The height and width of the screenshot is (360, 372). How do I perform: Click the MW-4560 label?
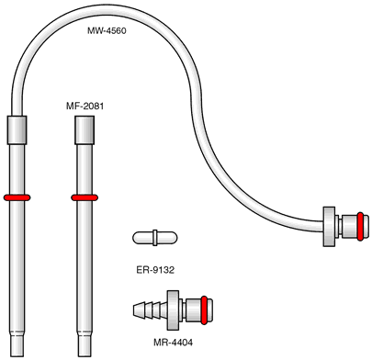point(107,30)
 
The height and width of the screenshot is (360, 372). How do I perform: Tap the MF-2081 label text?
point(85,107)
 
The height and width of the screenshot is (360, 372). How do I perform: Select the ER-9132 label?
point(155,270)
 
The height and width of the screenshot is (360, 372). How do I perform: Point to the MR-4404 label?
point(174,343)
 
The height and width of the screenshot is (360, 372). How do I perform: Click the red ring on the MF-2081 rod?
point(85,197)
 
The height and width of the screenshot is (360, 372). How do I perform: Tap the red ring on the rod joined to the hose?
point(17,197)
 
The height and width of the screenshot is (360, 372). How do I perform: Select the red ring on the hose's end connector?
point(360,227)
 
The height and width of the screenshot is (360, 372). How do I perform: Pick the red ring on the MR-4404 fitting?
point(204,310)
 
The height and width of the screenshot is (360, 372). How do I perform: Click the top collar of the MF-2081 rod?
point(85,130)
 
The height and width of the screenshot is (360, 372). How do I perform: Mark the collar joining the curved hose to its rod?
point(17,130)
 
